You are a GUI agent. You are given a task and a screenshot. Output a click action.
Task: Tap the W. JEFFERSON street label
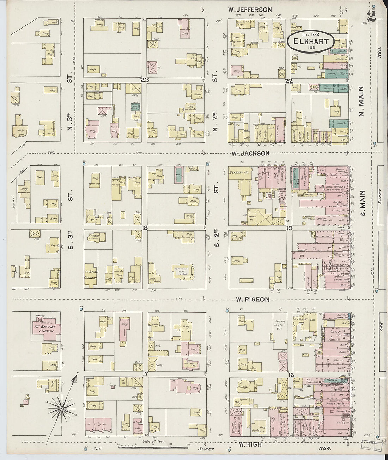pos(249,10)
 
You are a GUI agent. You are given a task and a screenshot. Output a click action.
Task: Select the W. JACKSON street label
pos(250,153)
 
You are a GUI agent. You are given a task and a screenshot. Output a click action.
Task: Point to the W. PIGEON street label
pos(253,299)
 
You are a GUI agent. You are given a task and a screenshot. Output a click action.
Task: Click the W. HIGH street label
pos(250,444)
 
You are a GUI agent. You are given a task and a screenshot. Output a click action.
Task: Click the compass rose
pos(62,408)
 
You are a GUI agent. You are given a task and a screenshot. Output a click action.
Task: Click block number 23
pos(144,80)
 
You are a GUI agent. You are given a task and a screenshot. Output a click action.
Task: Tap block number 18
pos(144,228)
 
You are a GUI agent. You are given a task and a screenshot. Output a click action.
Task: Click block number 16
pos(291,375)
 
